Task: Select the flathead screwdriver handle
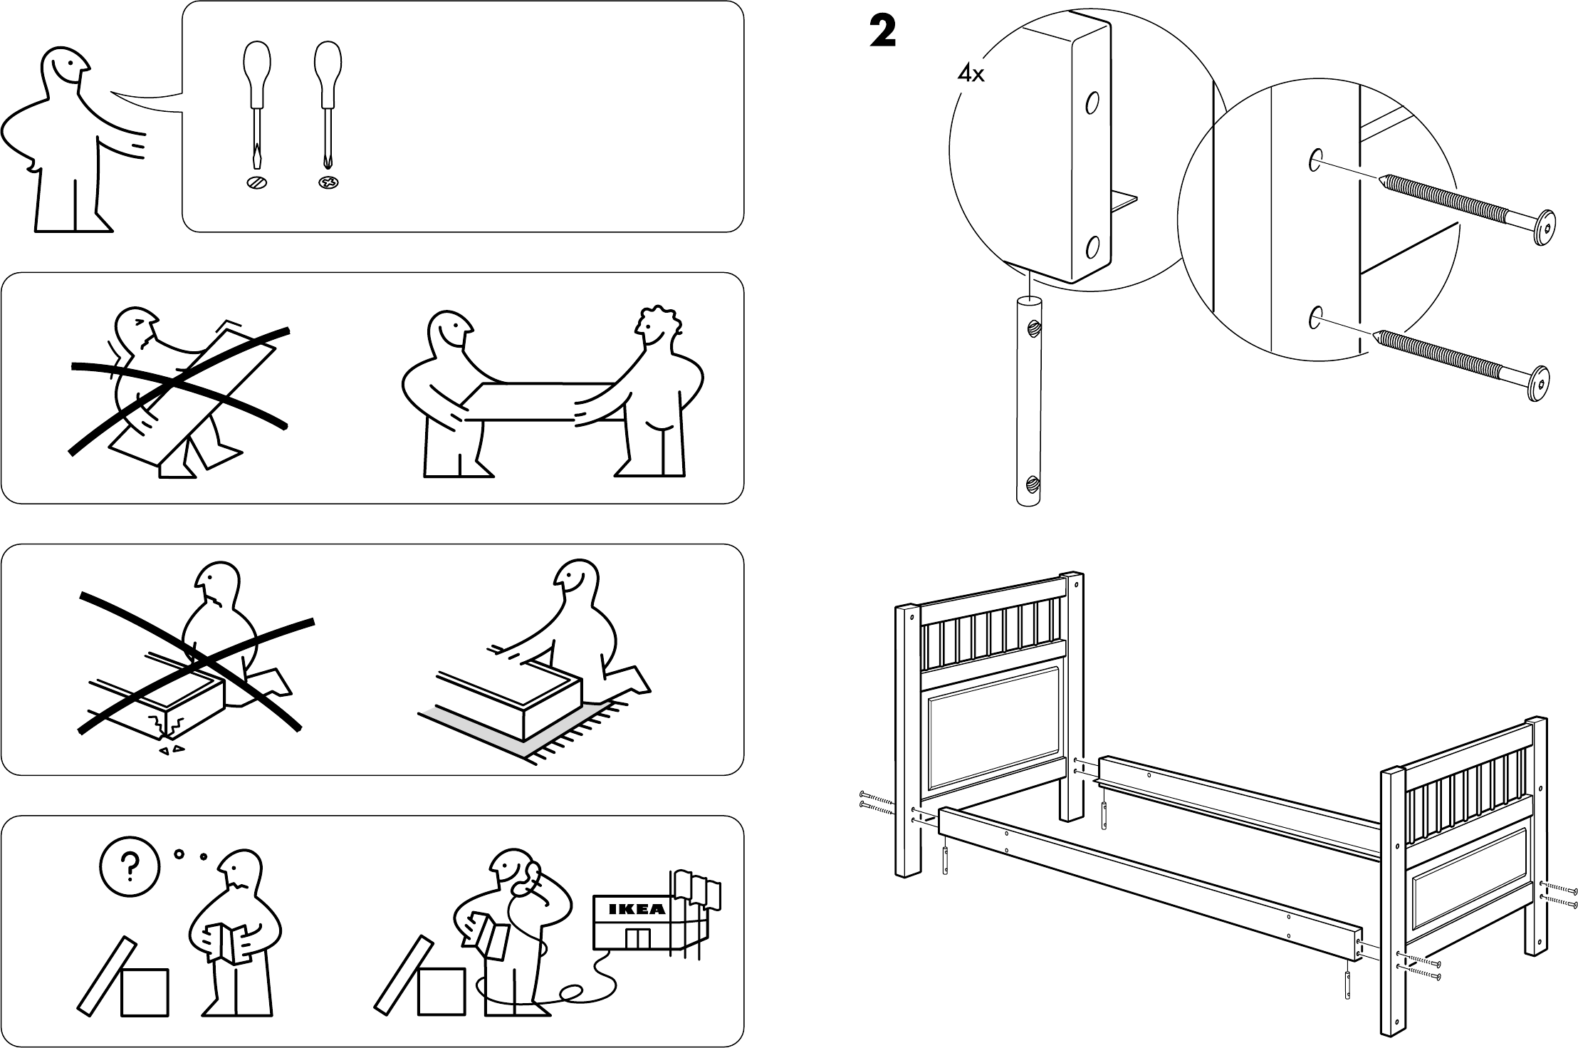pyautogui.click(x=256, y=64)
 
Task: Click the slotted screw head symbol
pyautogui.click(x=257, y=183)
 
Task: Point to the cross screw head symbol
pyautogui.click(x=328, y=183)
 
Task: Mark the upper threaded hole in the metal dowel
pyautogui.click(x=1032, y=328)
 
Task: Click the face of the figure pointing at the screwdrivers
pyautogui.click(x=68, y=71)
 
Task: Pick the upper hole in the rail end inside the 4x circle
pyautogui.click(x=1091, y=104)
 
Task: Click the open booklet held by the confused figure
pyautogui.click(x=232, y=941)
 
